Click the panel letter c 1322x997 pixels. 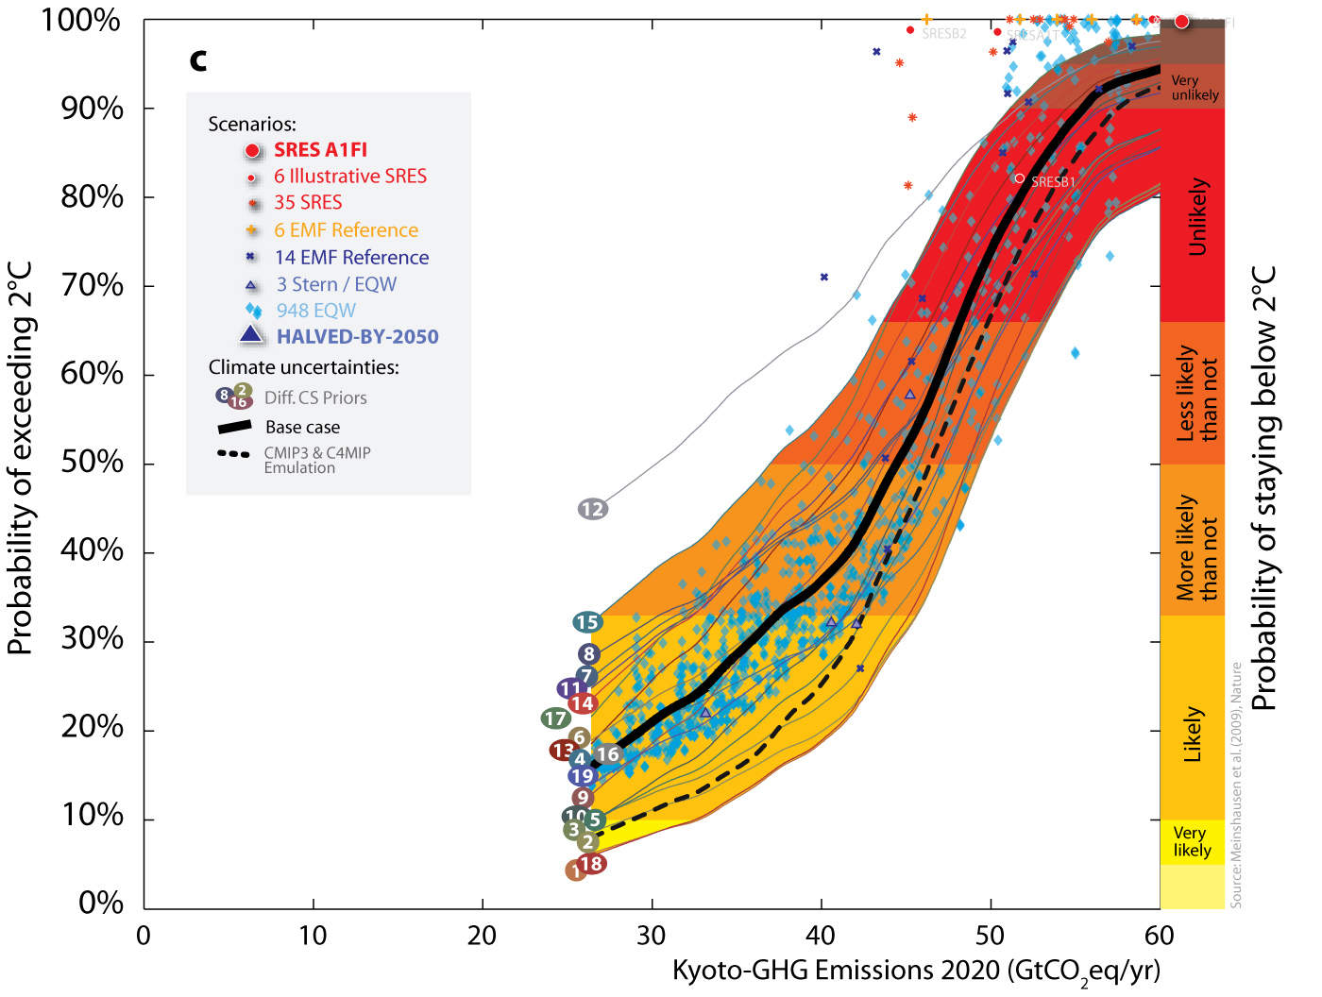[198, 60]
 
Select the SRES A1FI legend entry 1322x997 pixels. [320, 150]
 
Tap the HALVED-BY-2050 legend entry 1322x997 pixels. [357, 337]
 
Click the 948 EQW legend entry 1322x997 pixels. [315, 311]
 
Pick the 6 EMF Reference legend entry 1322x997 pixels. [346, 230]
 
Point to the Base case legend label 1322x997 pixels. [302, 428]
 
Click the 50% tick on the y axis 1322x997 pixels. [92, 463]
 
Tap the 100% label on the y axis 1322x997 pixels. [80, 20]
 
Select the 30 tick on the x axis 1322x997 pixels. [652, 936]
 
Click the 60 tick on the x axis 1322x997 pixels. [1159, 936]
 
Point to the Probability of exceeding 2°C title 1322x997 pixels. [20, 459]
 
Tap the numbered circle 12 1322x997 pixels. [593, 510]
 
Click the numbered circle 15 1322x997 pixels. [587, 622]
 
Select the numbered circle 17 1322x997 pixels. [555, 719]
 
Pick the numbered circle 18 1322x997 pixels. [591, 863]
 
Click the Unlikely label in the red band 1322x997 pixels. [1196, 216]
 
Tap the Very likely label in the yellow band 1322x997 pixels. [1192, 841]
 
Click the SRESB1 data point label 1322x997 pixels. [1053, 181]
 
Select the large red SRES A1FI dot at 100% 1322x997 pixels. [1181, 21]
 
